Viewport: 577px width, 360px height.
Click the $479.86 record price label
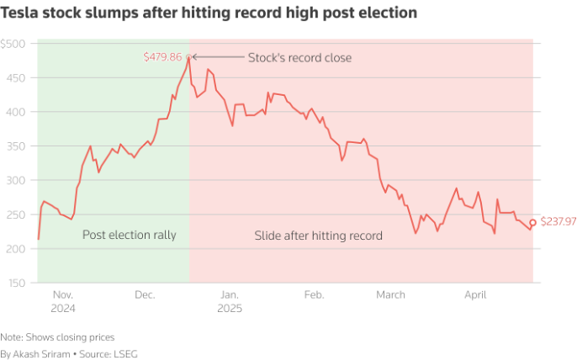click(162, 57)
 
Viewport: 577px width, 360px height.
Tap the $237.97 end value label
click(557, 222)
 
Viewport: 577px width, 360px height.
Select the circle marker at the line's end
click(532, 223)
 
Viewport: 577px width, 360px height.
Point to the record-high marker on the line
click(189, 57)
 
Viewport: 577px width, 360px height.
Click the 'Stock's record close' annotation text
click(299, 58)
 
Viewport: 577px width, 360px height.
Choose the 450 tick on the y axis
click(16, 77)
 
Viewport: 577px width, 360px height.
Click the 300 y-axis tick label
click(16, 180)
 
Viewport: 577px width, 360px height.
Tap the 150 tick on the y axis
click(16, 283)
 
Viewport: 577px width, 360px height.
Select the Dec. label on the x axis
click(145, 295)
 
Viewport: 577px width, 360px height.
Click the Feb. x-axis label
click(314, 295)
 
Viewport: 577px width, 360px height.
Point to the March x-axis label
click(390, 295)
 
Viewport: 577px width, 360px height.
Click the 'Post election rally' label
click(129, 236)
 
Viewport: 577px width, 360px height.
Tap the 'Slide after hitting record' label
click(318, 236)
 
